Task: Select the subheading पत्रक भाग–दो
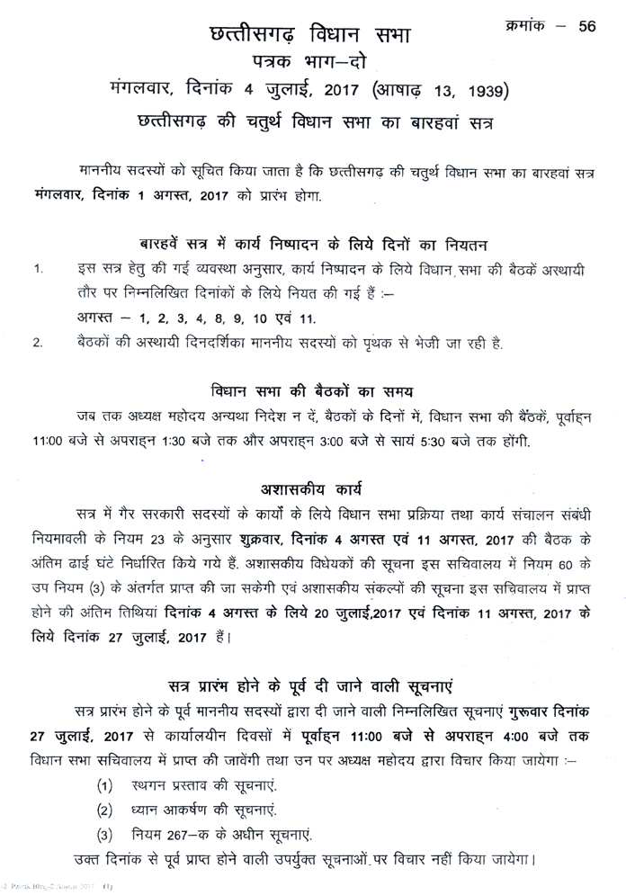(309, 64)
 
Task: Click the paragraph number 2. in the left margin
(38, 343)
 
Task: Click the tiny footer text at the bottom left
(54, 888)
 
